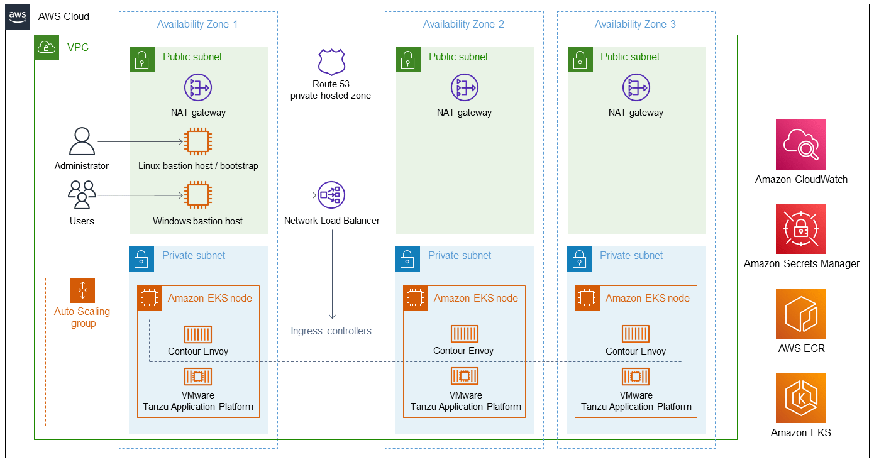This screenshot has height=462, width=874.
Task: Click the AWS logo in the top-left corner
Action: pos(18,17)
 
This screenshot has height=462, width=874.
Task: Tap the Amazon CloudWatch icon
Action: pos(800,145)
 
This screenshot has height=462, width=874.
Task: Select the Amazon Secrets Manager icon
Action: pos(800,229)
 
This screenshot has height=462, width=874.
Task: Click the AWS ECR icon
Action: pos(800,314)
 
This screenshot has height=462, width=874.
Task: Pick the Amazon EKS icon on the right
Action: pos(800,398)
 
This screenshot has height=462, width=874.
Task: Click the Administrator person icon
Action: pos(82,141)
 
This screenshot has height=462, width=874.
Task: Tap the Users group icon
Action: pos(82,195)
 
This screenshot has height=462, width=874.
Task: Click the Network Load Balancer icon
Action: pos(331,195)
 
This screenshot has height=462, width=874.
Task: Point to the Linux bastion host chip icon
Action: pos(197,141)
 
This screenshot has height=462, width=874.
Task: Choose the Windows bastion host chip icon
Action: pos(197,195)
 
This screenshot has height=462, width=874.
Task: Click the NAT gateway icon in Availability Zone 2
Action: pos(464,87)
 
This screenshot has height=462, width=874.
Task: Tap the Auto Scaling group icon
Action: pos(82,290)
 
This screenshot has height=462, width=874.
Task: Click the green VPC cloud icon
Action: pos(47,47)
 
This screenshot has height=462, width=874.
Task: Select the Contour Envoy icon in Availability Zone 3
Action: pos(636,334)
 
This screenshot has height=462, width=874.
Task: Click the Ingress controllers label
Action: pos(331,331)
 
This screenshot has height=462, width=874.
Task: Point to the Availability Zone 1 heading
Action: pos(197,25)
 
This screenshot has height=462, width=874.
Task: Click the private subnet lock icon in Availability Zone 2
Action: pos(407,258)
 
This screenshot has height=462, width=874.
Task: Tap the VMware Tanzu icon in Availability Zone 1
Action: pos(197,377)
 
